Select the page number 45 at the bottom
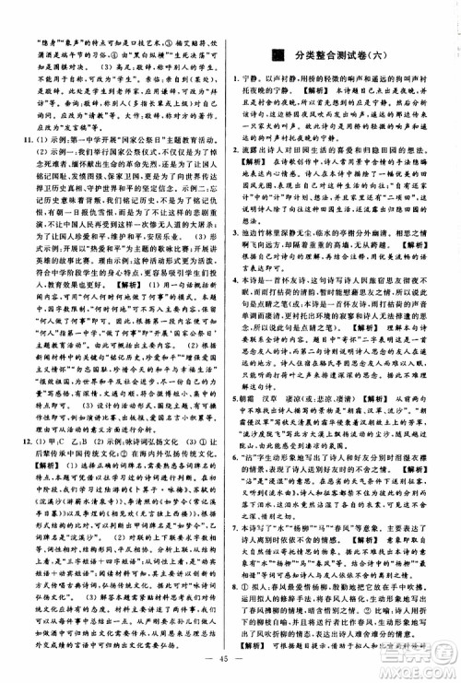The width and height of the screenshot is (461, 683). [x=229, y=657]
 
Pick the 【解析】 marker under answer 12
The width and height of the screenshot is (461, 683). [x=34, y=452]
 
